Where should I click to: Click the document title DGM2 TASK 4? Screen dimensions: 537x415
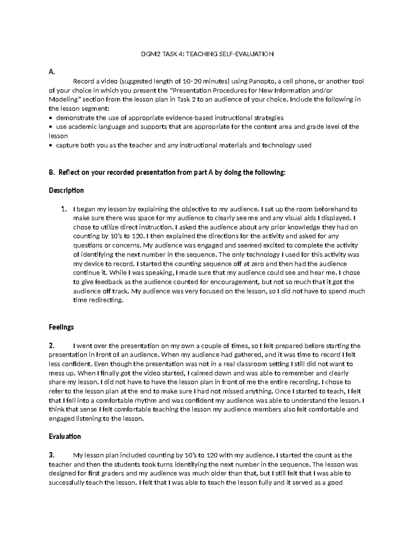click(207, 54)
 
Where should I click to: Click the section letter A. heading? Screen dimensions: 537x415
click(52, 72)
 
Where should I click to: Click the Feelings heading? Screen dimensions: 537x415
click(61, 327)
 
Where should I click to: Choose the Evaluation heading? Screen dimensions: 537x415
click(65, 436)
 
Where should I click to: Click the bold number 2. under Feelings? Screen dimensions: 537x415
click(52, 345)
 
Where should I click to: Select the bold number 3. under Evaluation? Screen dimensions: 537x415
click(52, 455)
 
